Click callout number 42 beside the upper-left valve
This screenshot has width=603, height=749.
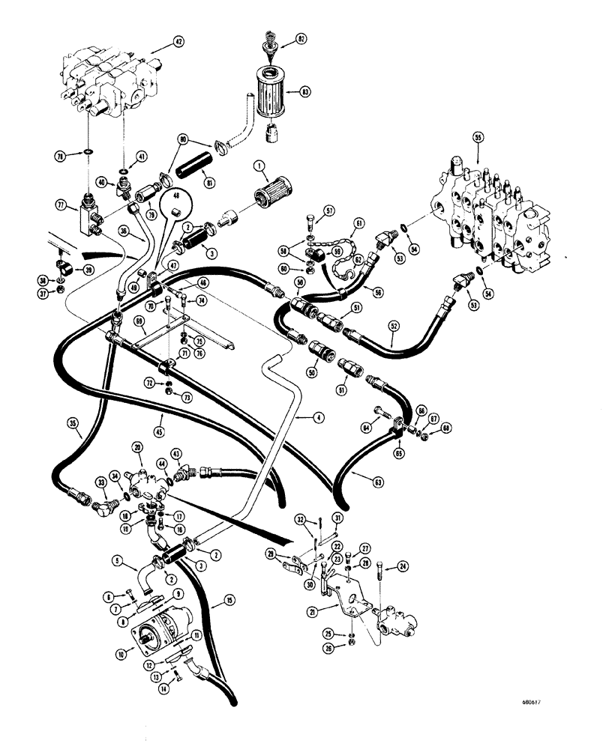pos(177,42)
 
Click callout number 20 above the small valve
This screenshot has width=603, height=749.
pos(137,446)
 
